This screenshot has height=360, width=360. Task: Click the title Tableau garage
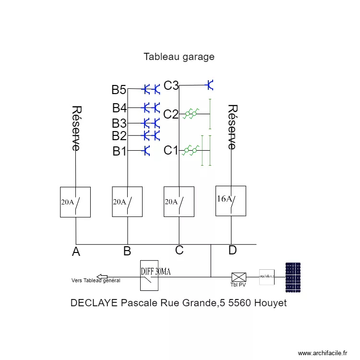pyautogui.click(x=179, y=57)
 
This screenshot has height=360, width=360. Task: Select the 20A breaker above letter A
pyautogui.click(x=76, y=202)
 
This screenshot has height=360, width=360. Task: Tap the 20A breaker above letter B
pyautogui.click(x=127, y=202)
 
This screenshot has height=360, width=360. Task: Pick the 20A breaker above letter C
pyautogui.click(x=179, y=202)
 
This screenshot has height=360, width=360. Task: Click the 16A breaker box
pyautogui.click(x=231, y=201)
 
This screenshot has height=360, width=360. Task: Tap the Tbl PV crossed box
pyautogui.click(x=239, y=277)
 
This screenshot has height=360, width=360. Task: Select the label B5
pyautogui.click(x=119, y=90)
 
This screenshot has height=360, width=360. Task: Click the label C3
pyautogui.click(x=171, y=85)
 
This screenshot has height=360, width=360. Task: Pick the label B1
pyautogui.click(x=120, y=152)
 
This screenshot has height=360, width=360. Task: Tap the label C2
pyautogui.click(x=171, y=114)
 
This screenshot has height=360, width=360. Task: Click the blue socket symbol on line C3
pyautogui.click(x=210, y=85)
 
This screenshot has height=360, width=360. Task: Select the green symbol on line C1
pyautogui.click(x=191, y=151)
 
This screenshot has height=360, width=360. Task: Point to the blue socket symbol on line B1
pyautogui.click(x=147, y=151)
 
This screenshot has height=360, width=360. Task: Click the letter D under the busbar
pyautogui.click(x=232, y=250)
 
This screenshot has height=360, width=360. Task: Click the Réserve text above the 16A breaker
pyautogui.click(x=232, y=127)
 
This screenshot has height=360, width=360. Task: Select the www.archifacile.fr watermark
pyautogui.click(x=323, y=353)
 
